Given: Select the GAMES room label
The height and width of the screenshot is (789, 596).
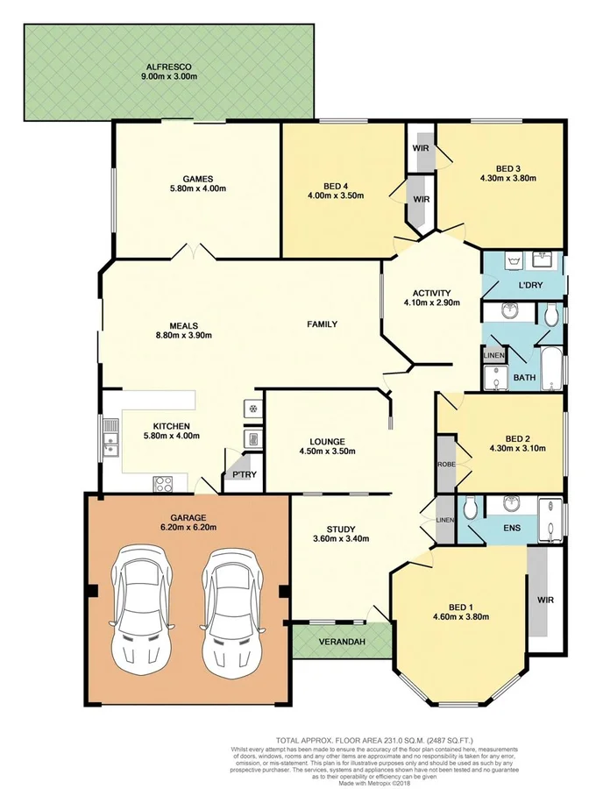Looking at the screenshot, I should pos(187,176).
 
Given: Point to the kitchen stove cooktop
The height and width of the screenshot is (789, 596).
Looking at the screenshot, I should pos(163,480).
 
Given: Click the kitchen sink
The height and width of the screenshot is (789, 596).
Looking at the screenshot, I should pos(111,438).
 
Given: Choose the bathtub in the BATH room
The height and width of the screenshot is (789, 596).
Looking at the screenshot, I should pos(550,369).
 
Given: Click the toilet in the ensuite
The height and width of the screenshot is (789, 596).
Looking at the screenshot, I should pos(470,506).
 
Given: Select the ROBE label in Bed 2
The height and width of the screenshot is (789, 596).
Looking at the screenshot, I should pos(444,462).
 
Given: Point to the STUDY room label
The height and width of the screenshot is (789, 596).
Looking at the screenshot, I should pos(340,529).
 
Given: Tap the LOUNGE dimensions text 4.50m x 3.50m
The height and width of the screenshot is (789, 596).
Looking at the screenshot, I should pos(326,453).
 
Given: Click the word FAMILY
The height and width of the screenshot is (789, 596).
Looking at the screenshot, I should pos(322,324).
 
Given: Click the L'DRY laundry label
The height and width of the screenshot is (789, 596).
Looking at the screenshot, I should pos(531,286).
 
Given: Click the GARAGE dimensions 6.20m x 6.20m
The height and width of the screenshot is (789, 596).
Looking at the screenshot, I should pos(188,528).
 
